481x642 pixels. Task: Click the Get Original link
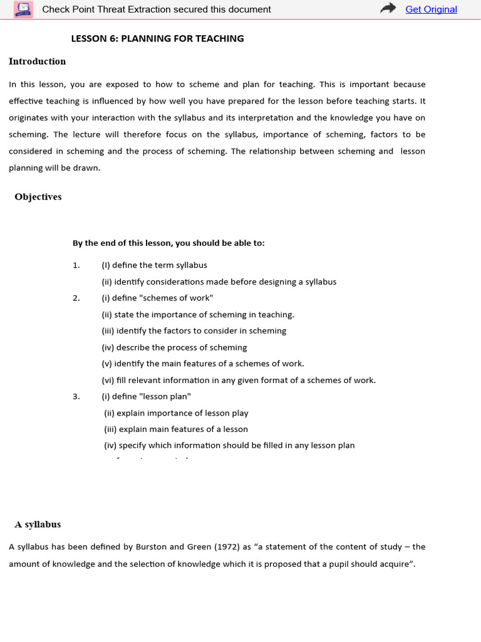tap(431, 9)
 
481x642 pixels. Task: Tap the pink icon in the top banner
tap(24, 9)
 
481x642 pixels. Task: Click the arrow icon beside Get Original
tap(389, 8)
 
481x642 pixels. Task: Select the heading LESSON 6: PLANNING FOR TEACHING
tap(157, 39)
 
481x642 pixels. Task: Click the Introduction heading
tap(37, 61)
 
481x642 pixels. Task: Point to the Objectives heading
tap(38, 197)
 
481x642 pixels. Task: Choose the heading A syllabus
tap(38, 524)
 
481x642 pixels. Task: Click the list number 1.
tap(76, 265)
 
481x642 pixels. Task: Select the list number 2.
tap(76, 298)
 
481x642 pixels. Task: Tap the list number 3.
tap(76, 396)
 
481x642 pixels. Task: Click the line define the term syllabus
tap(154, 265)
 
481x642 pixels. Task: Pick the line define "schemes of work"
tap(157, 298)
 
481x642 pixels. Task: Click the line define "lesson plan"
tap(146, 396)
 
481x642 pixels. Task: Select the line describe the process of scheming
tap(174, 347)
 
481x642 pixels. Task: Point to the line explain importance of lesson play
tap(176, 413)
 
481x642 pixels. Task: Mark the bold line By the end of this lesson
tap(168, 243)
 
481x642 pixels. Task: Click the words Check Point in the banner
tap(66, 9)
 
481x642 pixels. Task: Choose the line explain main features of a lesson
tap(176, 429)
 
